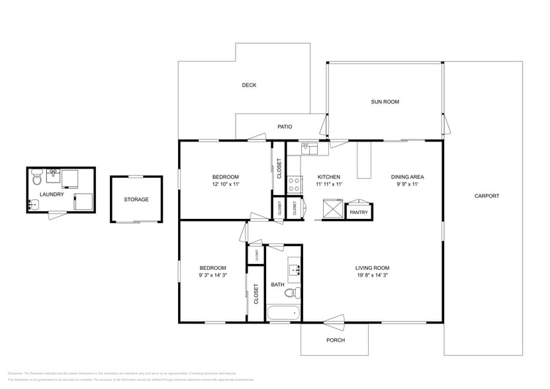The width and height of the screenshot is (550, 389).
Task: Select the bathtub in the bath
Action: click(283, 314)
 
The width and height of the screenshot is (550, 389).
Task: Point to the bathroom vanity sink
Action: click(295, 270)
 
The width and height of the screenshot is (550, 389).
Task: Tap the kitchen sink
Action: click(309, 149)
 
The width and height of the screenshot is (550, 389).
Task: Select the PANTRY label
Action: click(359, 212)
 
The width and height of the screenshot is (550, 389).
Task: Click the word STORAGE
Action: click(136, 199)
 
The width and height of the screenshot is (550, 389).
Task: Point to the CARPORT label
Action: click(486, 196)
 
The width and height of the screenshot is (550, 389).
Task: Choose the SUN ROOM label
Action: click(385, 102)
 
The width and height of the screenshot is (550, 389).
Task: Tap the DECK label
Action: click(249, 85)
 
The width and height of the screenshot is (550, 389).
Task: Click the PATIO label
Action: click(285, 126)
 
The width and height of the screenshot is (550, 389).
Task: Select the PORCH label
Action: click(336, 341)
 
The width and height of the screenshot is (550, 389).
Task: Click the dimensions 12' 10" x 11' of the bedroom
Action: click(225, 185)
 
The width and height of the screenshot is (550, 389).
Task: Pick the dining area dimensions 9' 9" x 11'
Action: click(407, 185)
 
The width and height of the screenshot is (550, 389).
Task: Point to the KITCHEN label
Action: click(329, 177)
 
